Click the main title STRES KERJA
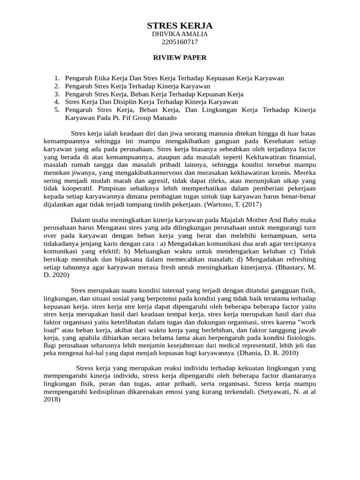tap(180, 25)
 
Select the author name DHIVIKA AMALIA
tap(180, 34)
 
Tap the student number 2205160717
tap(180, 42)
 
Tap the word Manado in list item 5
tap(165, 118)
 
